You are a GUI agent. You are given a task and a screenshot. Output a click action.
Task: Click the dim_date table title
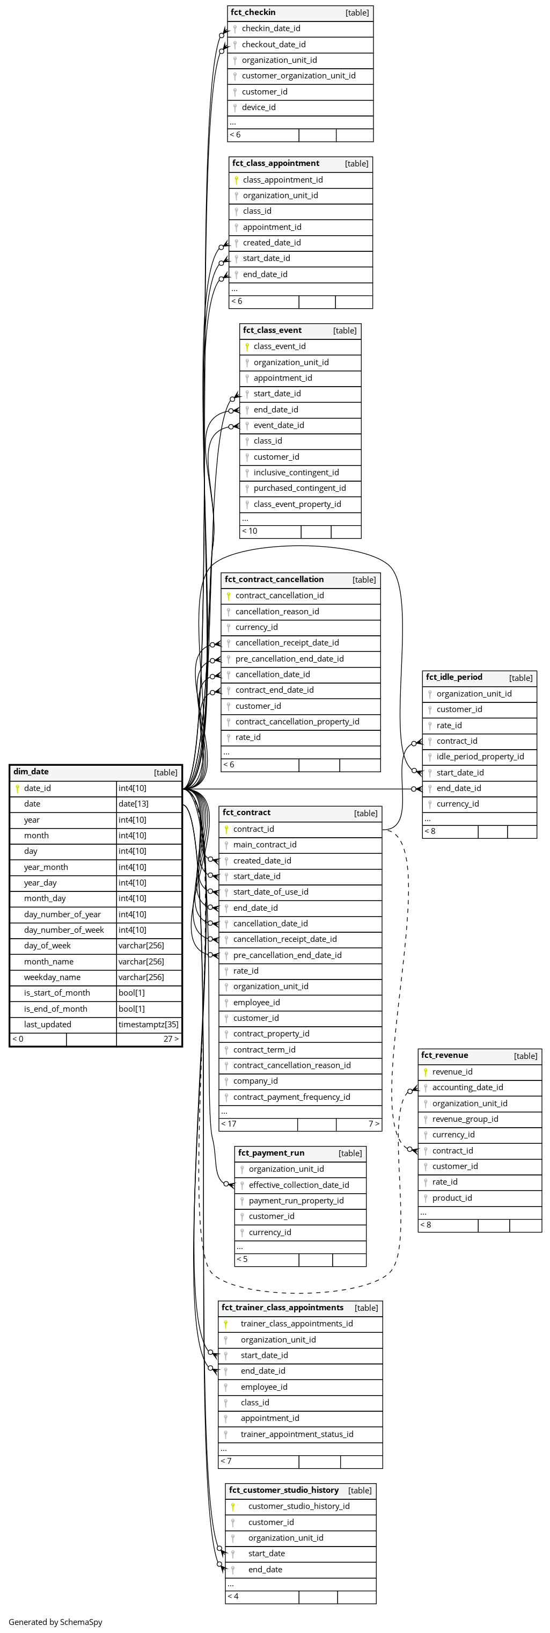[x=31, y=772]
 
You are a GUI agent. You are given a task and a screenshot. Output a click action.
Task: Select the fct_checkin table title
[x=253, y=12]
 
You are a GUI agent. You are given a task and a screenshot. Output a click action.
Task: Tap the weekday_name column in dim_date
[x=52, y=977]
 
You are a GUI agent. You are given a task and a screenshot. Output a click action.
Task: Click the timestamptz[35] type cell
[x=148, y=1024]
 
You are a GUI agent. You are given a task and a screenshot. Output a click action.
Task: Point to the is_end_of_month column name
[x=56, y=1008]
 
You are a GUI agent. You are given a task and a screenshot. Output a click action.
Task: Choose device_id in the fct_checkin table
[x=259, y=107]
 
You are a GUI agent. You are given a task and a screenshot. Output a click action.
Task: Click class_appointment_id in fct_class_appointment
[x=283, y=180]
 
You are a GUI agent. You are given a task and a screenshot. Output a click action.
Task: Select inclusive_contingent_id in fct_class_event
[x=296, y=472]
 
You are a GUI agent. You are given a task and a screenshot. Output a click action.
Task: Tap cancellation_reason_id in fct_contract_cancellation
[x=277, y=611]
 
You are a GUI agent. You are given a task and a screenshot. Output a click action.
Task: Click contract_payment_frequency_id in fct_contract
[x=291, y=1097]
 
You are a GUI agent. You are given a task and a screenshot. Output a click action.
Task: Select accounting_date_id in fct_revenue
[x=467, y=1087]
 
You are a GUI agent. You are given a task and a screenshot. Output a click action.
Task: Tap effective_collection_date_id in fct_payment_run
[x=298, y=1185]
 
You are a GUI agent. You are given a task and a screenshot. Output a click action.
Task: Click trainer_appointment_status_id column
[x=297, y=1434]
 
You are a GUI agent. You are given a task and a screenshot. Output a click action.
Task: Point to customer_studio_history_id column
[x=298, y=1506]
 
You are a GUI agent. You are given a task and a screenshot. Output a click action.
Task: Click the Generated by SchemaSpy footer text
[x=55, y=1622]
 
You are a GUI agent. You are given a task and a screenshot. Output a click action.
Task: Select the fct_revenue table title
[x=444, y=1055]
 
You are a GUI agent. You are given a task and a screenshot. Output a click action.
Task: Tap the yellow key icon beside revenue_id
[x=426, y=1072]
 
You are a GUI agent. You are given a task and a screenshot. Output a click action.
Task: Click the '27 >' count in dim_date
[x=171, y=1039]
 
